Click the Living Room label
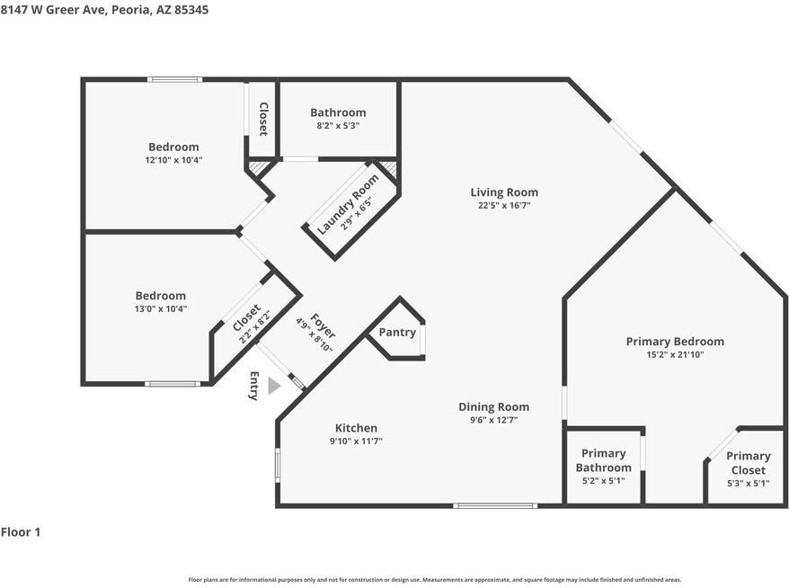pos(504,192)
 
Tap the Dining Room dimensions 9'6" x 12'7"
pos(493,420)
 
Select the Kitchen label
pos(356,428)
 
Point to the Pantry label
pos(397,333)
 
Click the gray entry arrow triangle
pos(274,386)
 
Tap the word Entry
pos(254,386)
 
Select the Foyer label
pos(323,326)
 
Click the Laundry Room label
pos(348,204)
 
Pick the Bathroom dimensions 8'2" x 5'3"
pos(338,125)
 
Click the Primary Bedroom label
pos(675,342)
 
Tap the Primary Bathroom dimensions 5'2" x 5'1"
pos(603,481)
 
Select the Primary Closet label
pos(749,463)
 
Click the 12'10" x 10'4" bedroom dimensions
pos(173,160)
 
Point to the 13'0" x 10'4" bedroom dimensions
pos(161,308)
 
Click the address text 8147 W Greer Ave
pos(53,10)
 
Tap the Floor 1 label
pos(21,532)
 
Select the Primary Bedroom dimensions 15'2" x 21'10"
pos(675,354)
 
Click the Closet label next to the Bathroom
pos(263,120)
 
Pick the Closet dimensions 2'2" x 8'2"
pos(255,327)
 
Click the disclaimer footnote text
pos(435,580)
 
